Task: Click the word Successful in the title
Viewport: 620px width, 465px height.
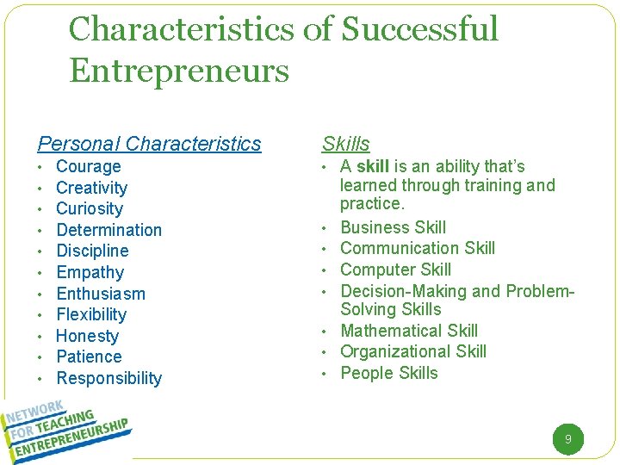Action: tap(420, 29)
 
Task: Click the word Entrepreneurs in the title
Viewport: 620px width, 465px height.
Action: tap(179, 71)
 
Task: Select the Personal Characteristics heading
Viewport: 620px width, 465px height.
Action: tap(149, 144)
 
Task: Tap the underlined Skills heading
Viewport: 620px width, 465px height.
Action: tap(346, 144)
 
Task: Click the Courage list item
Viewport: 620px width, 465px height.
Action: tap(88, 167)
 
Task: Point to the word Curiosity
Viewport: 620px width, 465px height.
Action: tap(90, 209)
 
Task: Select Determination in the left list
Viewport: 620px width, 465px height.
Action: tap(108, 230)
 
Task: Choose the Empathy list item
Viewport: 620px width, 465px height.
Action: tap(90, 273)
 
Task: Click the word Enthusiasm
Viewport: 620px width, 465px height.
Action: tap(101, 294)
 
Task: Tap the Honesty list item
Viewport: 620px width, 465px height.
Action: tap(87, 336)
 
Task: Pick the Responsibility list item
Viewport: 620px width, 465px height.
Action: tap(108, 378)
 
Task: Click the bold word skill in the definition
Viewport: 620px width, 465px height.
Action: tap(373, 166)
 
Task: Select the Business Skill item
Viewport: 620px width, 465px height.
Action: tap(393, 227)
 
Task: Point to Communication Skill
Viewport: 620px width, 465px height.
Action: tap(418, 249)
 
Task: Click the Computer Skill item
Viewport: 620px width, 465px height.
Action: tap(395, 270)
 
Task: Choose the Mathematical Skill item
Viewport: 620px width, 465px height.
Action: tap(409, 331)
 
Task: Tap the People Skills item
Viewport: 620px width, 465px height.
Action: tap(389, 373)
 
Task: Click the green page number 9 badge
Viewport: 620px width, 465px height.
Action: tap(567, 439)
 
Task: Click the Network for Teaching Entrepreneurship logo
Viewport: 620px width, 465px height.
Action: tap(67, 428)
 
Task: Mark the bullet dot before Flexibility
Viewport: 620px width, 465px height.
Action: tap(40, 315)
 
